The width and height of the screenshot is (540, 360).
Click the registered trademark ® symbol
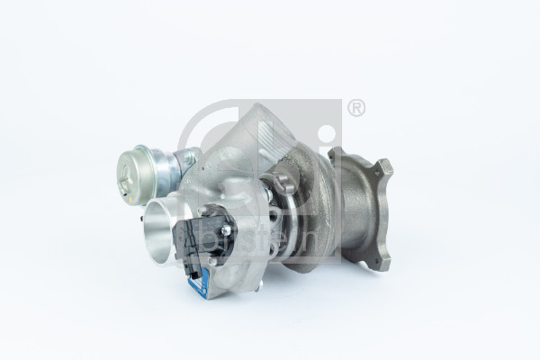pyautogui.click(x=356, y=108)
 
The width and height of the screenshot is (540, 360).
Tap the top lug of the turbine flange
pyautogui.click(x=384, y=168)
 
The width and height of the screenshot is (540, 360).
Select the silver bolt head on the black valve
pyautogui.click(x=224, y=230)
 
